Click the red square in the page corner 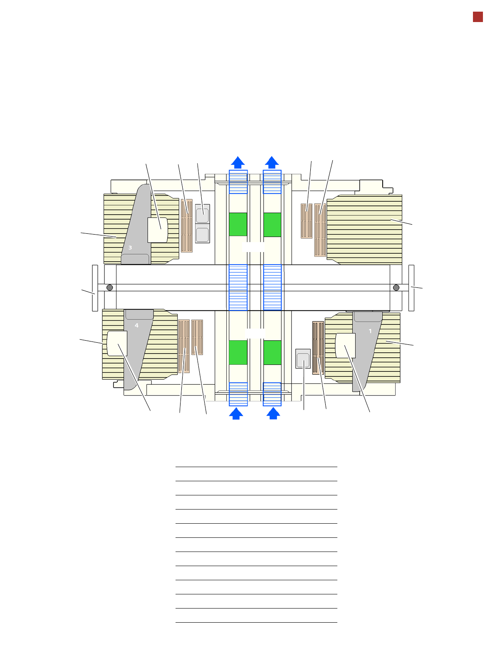[478, 17]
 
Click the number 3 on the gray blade [130, 247]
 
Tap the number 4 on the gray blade [136, 325]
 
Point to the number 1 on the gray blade [370, 331]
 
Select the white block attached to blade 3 [158, 230]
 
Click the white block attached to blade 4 [117, 343]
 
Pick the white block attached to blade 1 [345, 346]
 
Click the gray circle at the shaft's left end [110, 287]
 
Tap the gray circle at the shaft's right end [396, 287]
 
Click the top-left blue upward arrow [238, 162]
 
